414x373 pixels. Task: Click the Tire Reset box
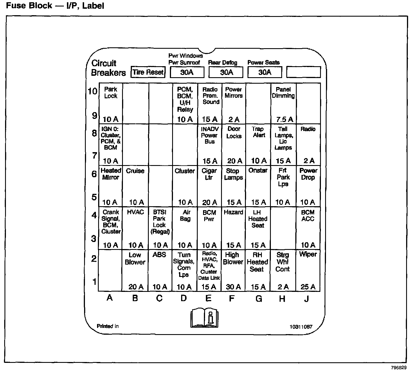pos(148,72)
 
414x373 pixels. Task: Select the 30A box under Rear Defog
pos(226,72)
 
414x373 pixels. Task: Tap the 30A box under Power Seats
pos(265,72)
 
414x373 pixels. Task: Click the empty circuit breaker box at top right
pos(303,72)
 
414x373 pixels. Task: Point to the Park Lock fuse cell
pos(111,103)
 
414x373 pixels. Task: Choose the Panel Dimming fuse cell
pos(283,103)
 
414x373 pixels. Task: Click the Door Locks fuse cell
pos(234,145)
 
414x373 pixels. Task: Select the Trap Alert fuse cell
pos(258,145)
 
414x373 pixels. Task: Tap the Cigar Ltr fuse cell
pos(210,186)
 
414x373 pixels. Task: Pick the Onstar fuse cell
pos(258,186)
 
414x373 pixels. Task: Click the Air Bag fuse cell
pos(185,228)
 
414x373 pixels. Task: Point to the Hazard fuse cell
pos(233,228)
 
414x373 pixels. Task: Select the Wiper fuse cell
pos(308,270)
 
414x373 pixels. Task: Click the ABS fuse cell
pos(159,270)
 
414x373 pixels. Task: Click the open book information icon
pos(204,318)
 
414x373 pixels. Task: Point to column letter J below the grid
pos(307,298)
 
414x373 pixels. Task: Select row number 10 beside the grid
pos(93,91)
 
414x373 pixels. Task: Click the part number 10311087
pos(301,327)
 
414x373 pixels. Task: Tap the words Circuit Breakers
pos(108,68)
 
